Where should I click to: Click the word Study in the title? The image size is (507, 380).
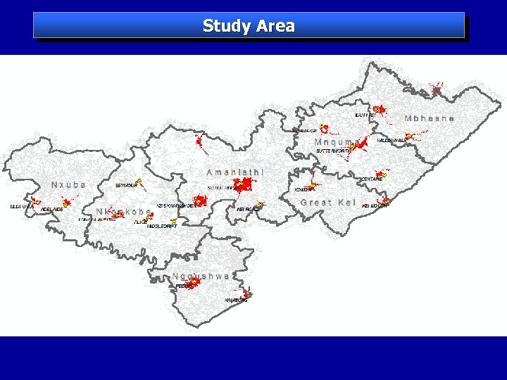point(227,27)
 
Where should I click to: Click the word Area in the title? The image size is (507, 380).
point(275,27)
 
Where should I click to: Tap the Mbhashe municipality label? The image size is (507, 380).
point(429,118)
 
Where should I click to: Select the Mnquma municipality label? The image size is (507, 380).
point(337,142)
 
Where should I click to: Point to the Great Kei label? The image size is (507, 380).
point(327,203)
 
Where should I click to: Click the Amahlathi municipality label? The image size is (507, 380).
point(235,172)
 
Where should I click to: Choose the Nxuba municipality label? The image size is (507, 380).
point(68,184)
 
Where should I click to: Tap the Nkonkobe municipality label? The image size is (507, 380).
point(123,211)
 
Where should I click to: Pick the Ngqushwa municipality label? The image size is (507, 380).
point(201,277)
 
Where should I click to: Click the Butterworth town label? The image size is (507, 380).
point(332,151)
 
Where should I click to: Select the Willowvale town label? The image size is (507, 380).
point(392,141)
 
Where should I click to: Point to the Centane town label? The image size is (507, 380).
point(371,179)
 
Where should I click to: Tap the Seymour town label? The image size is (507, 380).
point(126,186)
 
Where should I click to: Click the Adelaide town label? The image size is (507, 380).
point(52,210)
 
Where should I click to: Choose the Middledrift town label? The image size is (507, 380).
point(162,227)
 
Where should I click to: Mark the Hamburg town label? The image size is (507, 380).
point(236,300)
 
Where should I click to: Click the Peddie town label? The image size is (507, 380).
point(184,286)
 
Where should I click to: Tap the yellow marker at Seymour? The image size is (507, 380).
point(139,182)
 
